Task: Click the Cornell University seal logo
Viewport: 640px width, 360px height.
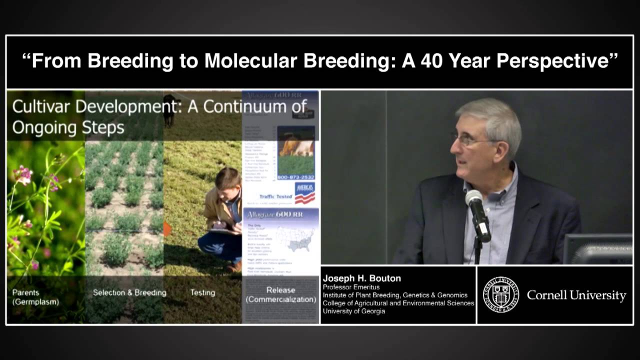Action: coord(500,295)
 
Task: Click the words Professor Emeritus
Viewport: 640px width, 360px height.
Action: coord(351,287)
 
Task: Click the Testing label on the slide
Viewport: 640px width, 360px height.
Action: coord(202,292)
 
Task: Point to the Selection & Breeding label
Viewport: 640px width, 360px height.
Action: coord(129,292)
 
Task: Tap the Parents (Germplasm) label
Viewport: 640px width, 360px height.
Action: coord(29,297)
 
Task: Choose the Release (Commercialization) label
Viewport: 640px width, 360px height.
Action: coord(280,294)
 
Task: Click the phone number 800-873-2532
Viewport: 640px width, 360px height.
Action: coord(296,177)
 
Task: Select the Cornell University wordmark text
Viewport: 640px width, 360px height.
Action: coord(576,295)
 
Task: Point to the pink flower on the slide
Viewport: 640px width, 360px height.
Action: coord(23,175)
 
